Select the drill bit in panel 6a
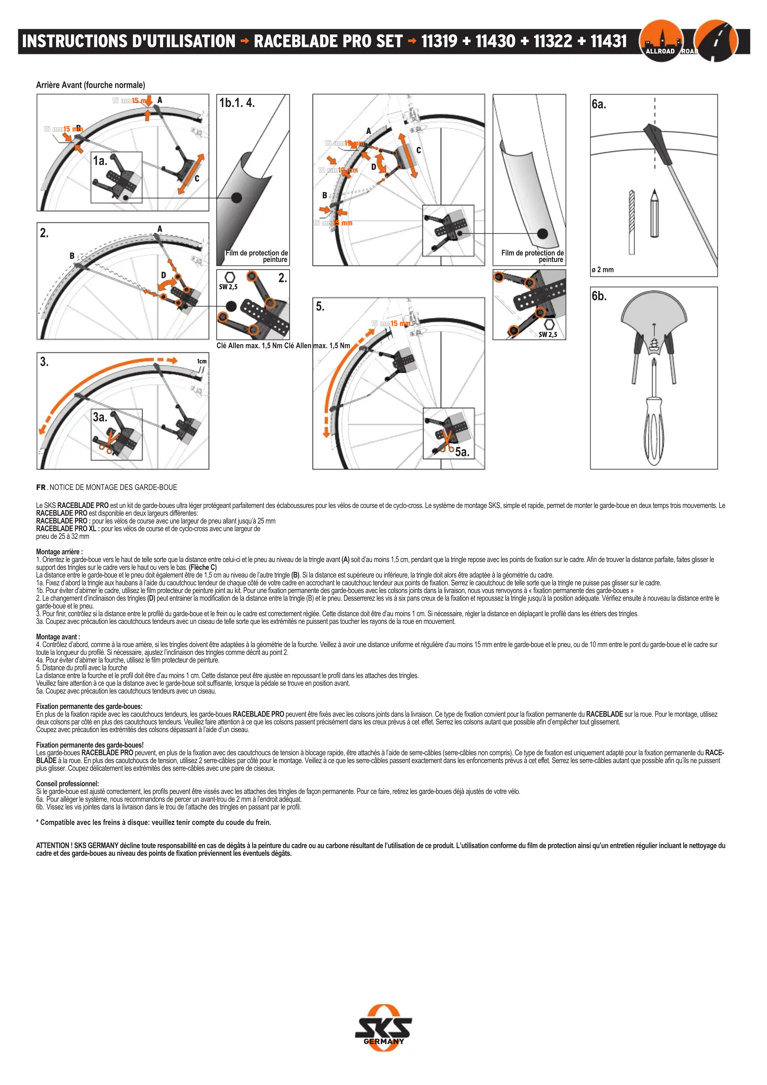pyautogui.click(x=632, y=222)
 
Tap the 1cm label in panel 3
pyautogui.click(x=202, y=362)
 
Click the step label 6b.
pyautogui.click(x=599, y=296)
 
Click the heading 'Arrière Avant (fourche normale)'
pyautogui.click(x=90, y=85)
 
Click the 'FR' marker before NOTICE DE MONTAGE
pyautogui.click(x=41, y=487)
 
